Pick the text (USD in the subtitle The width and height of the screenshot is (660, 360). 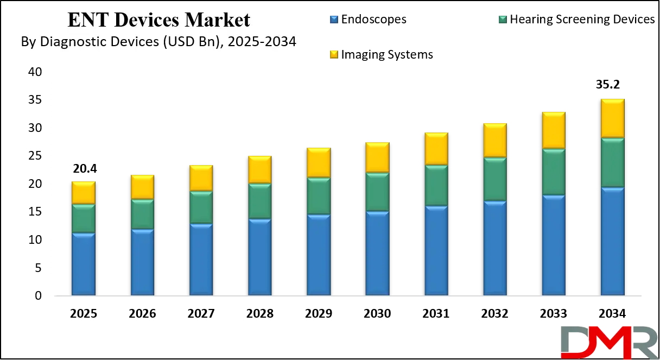coord(182,42)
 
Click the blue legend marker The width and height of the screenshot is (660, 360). coord(334,20)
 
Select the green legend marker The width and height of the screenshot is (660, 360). coord(502,20)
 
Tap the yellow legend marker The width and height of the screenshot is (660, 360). coord(334,54)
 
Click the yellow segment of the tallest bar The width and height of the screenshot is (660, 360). coord(612,118)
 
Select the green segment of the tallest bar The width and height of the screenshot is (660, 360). coord(612,163)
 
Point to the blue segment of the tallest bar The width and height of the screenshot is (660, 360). coord(612,242)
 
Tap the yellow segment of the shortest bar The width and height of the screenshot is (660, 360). coord(84,192)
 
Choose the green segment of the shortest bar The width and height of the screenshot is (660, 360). coord(84,218)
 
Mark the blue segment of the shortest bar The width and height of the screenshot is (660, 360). coord(84,264)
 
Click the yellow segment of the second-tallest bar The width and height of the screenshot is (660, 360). coord(554,129)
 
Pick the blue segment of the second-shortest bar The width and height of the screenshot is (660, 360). coord(142,263)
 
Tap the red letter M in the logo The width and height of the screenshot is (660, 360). coord(608,343)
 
